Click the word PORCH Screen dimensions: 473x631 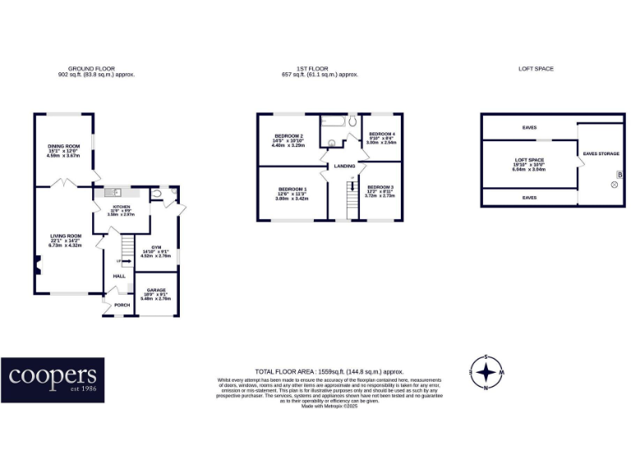[x=122, y=305]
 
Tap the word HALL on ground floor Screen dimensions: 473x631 [x=118, y=276]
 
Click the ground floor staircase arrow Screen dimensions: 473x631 [x=125, y=262]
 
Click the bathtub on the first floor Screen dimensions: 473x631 [x=334, y=126]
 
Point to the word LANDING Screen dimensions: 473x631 [x=343, y=167]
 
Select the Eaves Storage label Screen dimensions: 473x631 [x=601, y=154]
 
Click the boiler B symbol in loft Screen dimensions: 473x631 [x=619, y=175]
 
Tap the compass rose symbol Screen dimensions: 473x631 [x=486, y=372]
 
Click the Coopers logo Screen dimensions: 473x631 [x=53, y=380]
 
